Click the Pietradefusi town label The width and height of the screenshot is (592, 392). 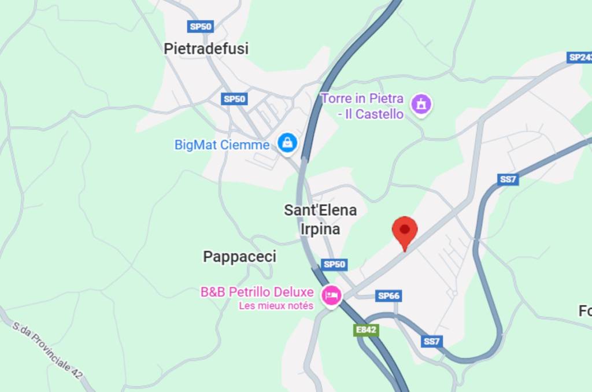pos(206,49)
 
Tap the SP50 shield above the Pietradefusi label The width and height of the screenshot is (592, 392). pos(201,26)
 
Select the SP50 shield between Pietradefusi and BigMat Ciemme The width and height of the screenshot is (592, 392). pos(234,99)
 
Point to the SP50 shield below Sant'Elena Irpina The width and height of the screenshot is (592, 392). pos(334,264)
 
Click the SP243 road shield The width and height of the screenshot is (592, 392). pos(580,57)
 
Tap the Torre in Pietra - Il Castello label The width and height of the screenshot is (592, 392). pos(362,106)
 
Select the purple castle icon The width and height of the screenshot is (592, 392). pos(421,105)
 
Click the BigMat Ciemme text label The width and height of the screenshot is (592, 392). pos(222,145)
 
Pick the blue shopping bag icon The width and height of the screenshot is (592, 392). pos(287,143)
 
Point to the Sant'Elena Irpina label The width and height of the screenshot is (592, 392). pos(320,219)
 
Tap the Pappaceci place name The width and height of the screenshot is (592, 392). pos(239,257)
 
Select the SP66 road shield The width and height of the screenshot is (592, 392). pos(388,295)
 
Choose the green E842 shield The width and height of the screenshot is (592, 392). pos(366,330)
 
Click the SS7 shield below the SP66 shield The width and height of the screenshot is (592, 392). pos(431,342)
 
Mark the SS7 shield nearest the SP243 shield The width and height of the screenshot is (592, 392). pos(508,179)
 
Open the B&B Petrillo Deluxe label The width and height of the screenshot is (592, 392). pos(257,292)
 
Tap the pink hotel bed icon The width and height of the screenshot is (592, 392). pos(331,295)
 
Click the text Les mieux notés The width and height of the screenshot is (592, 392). pos(276,306)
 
